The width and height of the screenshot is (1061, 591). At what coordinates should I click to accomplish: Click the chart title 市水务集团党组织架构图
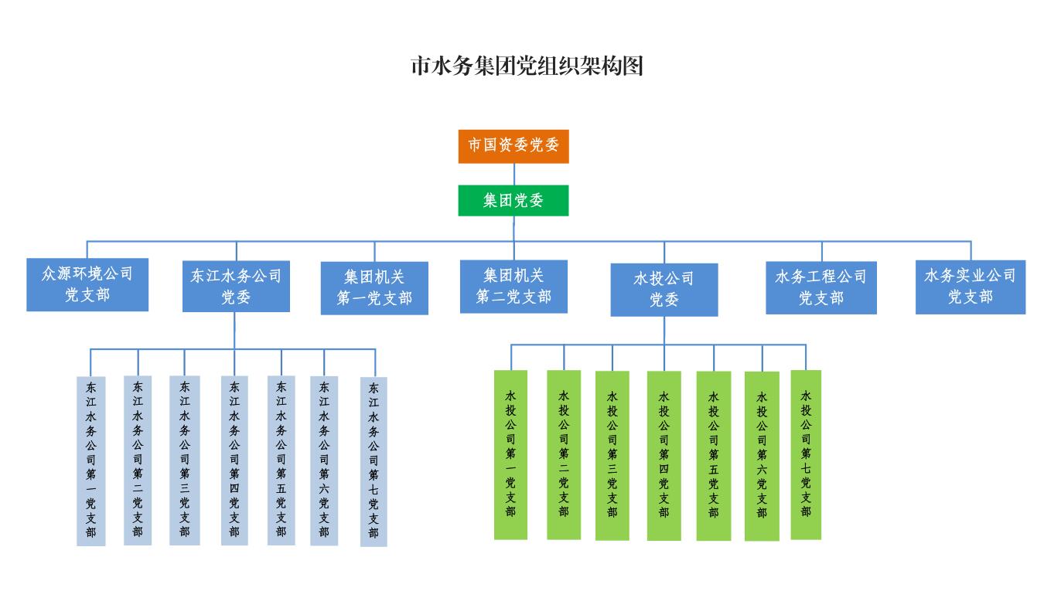point(526,66)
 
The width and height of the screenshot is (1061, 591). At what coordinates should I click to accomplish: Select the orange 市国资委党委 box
point(513,146)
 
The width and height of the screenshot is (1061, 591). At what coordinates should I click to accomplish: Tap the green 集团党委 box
point(513,201)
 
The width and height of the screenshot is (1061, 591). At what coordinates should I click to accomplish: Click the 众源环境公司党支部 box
point(87,284)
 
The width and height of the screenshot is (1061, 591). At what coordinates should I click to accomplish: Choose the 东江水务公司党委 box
point(236,286)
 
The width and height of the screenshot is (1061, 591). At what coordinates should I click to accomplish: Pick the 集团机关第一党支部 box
point(374,287)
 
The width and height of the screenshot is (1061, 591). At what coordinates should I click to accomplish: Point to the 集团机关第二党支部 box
point(513,286)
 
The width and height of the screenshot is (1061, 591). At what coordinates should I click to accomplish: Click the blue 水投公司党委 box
point(664,289)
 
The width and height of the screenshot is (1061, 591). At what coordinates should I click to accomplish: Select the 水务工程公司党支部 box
point(821,287)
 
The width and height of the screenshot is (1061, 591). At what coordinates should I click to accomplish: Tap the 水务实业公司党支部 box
point(971,287)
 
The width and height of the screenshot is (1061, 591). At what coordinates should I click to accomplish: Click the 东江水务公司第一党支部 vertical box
point(91,460)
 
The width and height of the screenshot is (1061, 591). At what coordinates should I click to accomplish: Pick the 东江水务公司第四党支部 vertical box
point(234,460)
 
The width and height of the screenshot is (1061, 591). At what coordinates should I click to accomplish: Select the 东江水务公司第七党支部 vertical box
point(374,461)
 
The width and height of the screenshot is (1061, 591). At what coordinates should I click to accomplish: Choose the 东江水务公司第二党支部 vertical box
point(138,460)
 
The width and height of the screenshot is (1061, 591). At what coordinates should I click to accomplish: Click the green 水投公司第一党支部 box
point(510,454)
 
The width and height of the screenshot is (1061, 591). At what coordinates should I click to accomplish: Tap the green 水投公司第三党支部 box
point(612,455)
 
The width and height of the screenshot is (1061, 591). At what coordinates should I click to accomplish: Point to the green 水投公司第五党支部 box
point(713,456)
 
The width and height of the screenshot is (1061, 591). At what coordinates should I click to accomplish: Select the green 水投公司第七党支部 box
point(806,454)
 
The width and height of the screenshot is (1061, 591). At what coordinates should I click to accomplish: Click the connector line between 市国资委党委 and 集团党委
point(513,174)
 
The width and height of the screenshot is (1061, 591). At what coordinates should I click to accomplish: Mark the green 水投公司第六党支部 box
point(762,456)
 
